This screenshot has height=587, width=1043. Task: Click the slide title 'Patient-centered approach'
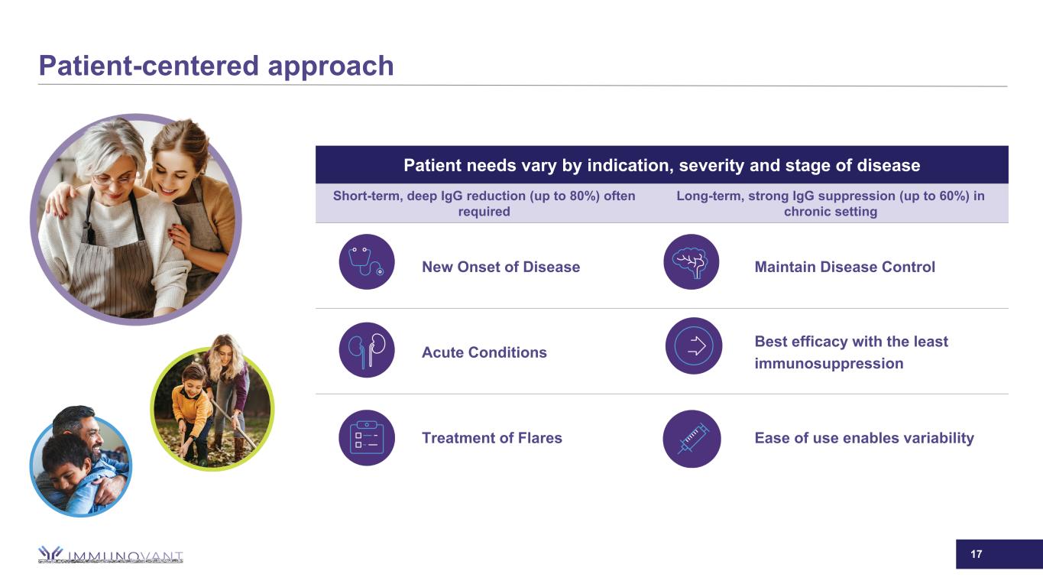point(216,66)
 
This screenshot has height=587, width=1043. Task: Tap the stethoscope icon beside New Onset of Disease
point(367,262)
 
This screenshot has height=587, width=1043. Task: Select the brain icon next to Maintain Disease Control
point(692,262)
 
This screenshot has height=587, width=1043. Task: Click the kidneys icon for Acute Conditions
point(367,350)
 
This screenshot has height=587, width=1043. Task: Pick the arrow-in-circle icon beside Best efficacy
point(694,345)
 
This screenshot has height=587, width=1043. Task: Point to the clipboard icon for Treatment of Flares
point(367,438)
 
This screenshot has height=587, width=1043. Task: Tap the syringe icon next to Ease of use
point(692,439)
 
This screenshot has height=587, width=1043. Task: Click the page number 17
point(977,554)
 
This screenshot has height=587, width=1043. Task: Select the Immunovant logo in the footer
point(110,554)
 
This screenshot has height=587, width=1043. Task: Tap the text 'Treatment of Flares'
point(492,438)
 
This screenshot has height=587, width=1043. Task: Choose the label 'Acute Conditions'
point(484,352)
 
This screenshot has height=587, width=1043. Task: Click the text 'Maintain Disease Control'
point(844,267)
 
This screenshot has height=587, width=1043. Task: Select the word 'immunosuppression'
point(829,363)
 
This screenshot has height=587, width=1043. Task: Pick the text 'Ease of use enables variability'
point(864,438)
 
